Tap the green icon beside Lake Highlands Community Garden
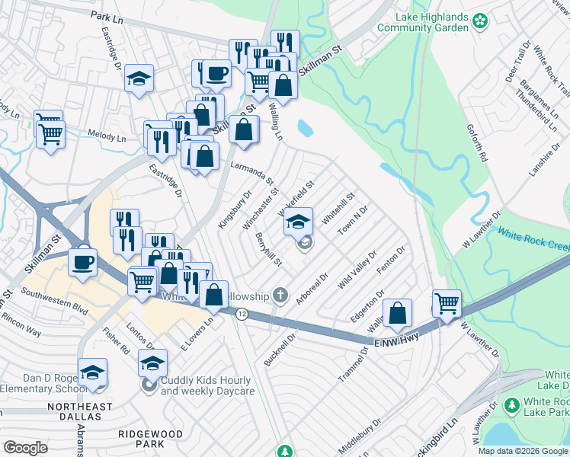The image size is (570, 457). coord(480,18)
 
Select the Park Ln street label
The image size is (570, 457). coord(106,15)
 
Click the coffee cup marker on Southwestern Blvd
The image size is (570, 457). coord(82,262)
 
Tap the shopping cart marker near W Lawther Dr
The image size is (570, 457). coord(447,302)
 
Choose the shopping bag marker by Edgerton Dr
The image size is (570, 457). coord(398,312)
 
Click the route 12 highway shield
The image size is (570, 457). coord(242,314)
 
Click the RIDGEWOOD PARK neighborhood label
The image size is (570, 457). coord(150,438)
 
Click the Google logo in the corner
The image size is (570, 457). coord(25,447)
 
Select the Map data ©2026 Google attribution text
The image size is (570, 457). coord(523,451)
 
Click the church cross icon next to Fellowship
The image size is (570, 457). coord(280,295)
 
